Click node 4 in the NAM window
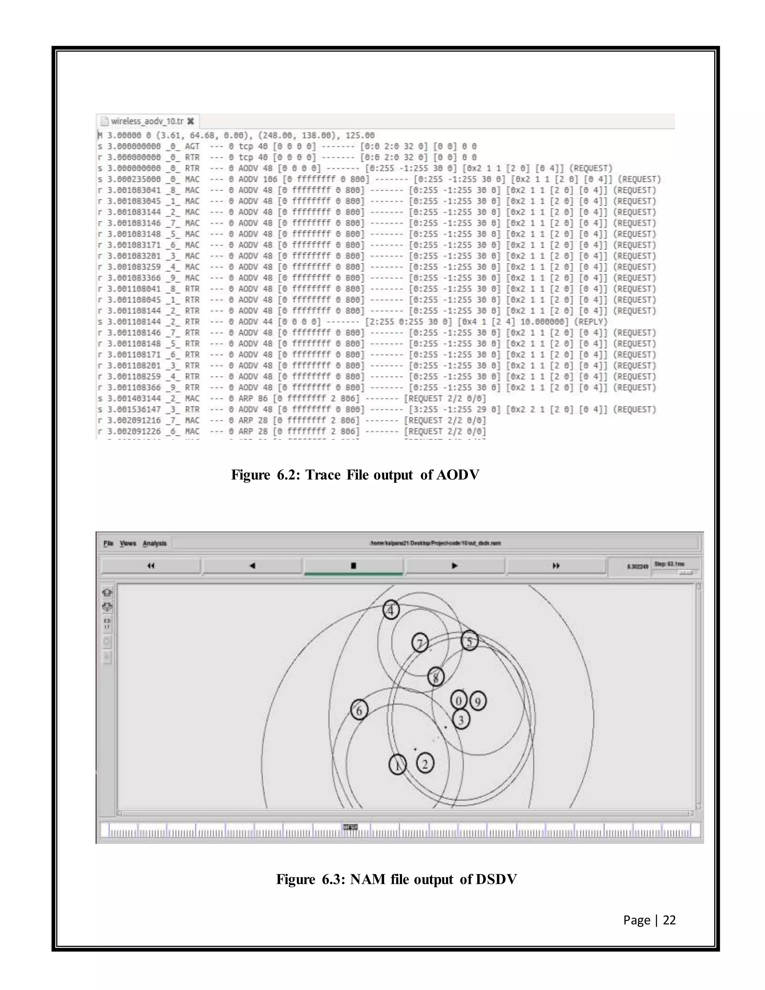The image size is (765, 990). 391,610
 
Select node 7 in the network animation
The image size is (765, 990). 419,643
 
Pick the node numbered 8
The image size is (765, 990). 436,677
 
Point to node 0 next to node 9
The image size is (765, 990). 459,700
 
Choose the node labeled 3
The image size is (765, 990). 461,720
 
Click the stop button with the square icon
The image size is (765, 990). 353,565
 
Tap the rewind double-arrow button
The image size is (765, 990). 151,565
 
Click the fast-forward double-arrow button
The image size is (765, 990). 556,565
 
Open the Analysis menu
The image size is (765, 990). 155,543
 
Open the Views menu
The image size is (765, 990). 128,543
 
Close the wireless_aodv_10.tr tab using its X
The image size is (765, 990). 191,121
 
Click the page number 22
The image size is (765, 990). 669,920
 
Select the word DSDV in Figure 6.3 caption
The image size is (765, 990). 496,879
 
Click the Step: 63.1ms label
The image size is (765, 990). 669,564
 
